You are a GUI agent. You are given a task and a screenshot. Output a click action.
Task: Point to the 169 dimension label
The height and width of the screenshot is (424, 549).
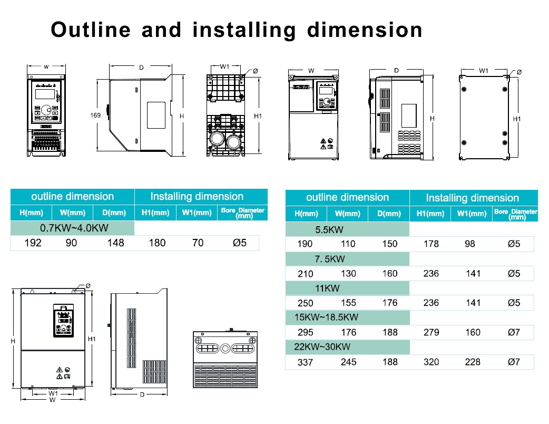(x=95, y=114)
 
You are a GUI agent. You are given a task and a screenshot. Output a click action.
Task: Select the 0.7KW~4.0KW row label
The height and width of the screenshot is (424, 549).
(x=74, y=228)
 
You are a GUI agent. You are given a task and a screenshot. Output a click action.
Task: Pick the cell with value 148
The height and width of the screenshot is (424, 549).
(x=115, y=243)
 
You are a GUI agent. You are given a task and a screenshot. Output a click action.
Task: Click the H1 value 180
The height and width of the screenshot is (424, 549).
(x=157, y=243)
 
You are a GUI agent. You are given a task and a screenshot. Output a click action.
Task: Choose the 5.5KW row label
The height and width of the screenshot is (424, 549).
(x=329, y=230)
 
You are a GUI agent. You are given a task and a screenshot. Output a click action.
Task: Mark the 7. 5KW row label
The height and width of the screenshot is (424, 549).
(x=329, y=259)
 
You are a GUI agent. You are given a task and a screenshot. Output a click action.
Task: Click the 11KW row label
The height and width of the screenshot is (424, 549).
(x=327, y=288)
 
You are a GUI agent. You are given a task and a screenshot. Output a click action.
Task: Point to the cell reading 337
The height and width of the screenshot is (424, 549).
(x=306, y=362)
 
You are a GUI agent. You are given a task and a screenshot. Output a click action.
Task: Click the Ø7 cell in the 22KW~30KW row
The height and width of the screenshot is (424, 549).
(x=514, y=362)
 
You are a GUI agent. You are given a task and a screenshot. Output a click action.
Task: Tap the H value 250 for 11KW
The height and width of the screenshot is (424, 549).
(x=305, y=303)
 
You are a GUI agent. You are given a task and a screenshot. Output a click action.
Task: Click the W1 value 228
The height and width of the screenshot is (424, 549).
(x=473, y=362)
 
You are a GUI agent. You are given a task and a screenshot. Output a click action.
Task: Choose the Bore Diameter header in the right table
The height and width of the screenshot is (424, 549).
(x=516, y=213)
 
